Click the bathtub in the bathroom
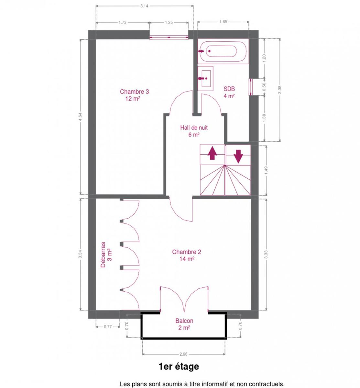point(223,51)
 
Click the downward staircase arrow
point(238,156)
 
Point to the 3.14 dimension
point(144,6)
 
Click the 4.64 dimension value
point(80,117)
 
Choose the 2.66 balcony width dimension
point(183,354)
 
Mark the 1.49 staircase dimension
point(266,170)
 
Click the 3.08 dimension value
point(280,90)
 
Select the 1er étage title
point(179,367)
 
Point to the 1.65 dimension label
point(223,22)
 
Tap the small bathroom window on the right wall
point(251,87)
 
